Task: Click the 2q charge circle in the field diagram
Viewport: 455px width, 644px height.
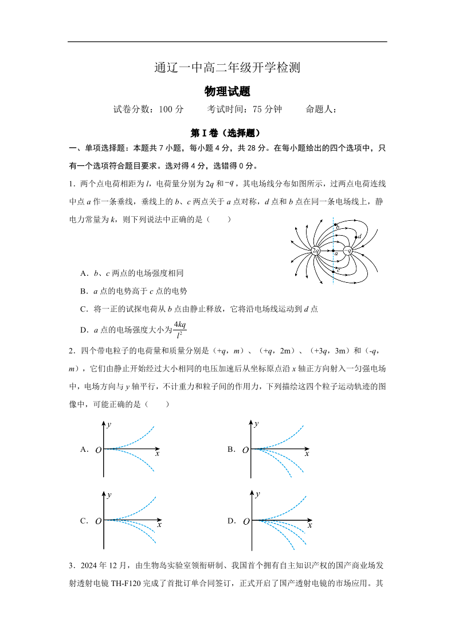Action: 316,251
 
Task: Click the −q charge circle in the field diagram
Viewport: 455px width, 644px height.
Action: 348,251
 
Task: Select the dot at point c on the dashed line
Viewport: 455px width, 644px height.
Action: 334,270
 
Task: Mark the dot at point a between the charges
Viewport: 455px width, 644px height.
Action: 334,251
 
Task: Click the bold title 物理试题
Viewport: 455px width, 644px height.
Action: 227,92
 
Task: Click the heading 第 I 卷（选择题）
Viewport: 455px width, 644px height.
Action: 227,133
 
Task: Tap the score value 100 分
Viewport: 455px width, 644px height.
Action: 170,110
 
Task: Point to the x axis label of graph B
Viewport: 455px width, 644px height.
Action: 307,454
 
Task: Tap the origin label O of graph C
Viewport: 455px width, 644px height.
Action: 99,521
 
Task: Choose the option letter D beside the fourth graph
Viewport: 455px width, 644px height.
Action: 232,521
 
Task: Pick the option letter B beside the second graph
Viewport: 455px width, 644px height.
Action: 232,450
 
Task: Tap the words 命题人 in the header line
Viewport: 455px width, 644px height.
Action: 319,110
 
